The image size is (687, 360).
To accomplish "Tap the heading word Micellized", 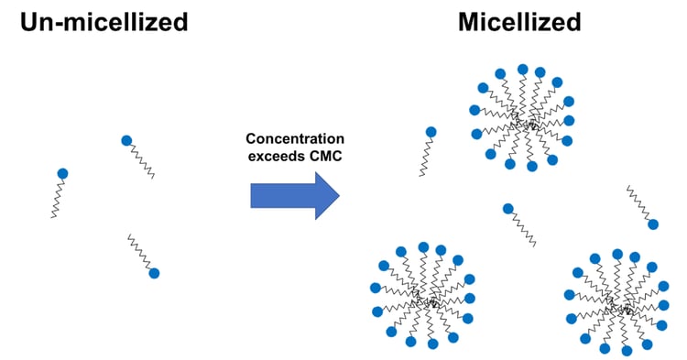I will click(x=519, y=22).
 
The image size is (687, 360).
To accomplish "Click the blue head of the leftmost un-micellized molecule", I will click(x=62, y=173).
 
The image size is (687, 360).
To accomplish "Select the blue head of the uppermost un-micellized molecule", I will click(x=126, y=140).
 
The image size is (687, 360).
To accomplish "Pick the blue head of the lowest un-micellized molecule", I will click(x=154, y=272).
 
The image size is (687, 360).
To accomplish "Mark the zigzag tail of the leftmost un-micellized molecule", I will click(x=57, y=198).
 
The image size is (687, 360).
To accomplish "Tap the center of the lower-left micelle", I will click(x=422, y=297).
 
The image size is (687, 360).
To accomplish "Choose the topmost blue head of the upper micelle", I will click(x=522, y=69).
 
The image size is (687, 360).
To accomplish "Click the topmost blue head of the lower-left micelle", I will click(x=423, y=246).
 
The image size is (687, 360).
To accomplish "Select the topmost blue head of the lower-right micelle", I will click(x=617, y=254).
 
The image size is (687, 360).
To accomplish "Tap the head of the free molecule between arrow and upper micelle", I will click(x=431, y=132).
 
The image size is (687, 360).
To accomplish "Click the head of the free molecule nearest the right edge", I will click(x=652, y=224).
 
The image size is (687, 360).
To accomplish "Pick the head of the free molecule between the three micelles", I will click(x=507, y=209).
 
